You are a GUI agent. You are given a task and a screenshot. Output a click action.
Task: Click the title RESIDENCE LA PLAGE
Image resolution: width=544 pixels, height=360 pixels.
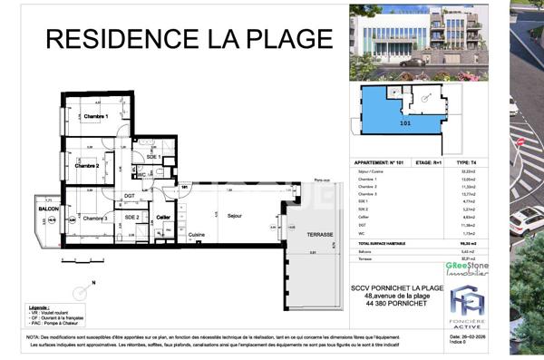pyautogui.click(x=189, y=38)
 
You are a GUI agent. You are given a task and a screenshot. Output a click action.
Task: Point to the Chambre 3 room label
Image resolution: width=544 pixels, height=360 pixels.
pyautogui.click(x=95, y=219)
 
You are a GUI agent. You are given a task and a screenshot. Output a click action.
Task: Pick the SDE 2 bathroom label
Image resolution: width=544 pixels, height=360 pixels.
pyautogui.click(x=131, y=218)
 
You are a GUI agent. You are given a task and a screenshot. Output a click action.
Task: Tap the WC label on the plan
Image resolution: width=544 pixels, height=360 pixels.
pyautogui.click(x=142, y=174)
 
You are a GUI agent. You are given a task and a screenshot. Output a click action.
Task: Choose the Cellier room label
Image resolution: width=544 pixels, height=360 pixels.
pyautogui.click(x=163, y=218)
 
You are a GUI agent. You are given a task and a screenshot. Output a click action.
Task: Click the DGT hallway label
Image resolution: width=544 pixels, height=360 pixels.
pyautogui.click(x=130, y=197)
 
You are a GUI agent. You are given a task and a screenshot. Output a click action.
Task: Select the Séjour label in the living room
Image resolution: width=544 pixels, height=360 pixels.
pyautogui.click(x=235, y=216)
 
